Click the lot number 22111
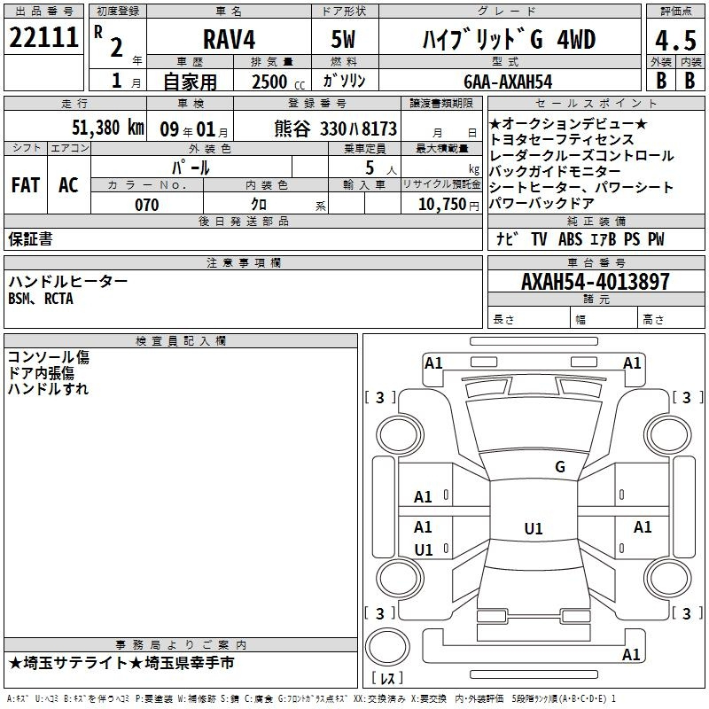tap(43, 37)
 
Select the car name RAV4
tap(229, 39)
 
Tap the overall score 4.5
tap(675, 41)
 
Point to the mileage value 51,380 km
tap(108, 128)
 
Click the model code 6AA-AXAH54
tap(508, 82)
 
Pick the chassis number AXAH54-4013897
tap(595, 281)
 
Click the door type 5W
tap(343, 39)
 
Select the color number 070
tap(147, 205)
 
